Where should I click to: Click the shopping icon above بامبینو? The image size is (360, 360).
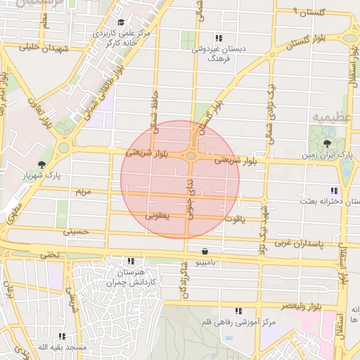(x=205, y=251)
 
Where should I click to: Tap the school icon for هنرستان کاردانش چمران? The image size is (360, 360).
(x=130, y=261)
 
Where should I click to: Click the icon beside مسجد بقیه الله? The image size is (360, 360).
(x=63, y=337)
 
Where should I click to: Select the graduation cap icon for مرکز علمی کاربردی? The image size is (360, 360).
(x=120, y=23)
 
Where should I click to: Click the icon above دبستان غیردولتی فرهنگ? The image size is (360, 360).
(x=219, y=38)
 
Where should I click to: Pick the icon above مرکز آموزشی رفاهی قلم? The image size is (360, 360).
(x=238, y=311)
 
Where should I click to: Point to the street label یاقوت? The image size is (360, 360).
(x=234, y=219)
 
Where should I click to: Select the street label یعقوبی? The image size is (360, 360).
(x=158, y=216)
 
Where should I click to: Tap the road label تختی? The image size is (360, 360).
(x=50, y=254)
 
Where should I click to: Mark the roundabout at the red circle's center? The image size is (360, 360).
(x=191, y=155)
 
